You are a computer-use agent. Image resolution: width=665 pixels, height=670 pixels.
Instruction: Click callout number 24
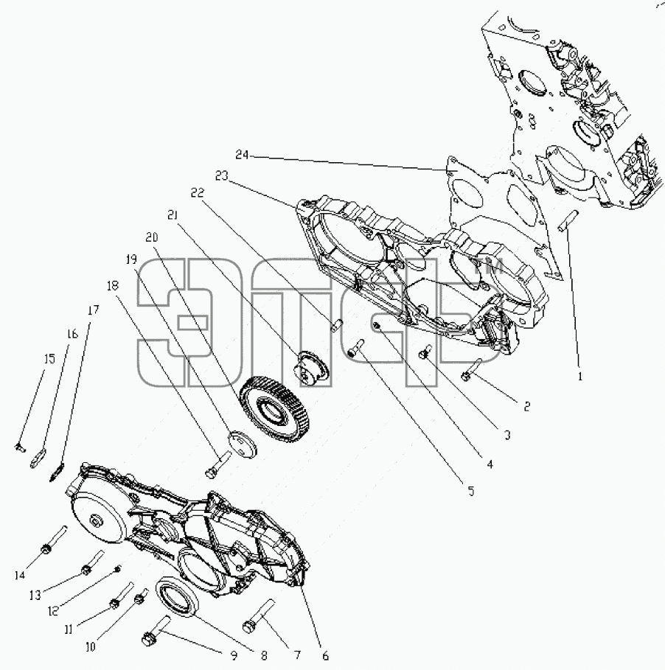tap(242, 155)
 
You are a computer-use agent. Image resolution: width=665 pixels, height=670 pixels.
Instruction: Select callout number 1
tap(580, 377)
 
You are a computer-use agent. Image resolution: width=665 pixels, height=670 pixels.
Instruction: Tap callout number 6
tap(325, 655)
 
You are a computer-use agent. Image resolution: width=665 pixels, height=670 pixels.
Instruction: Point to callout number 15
tap(49, 359)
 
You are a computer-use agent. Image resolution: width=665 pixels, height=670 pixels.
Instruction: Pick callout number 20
tap(152, 237)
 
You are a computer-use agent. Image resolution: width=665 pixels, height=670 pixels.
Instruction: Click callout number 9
tap(234, 655)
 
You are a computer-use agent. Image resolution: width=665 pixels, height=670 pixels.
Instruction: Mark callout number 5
tap(471, 491)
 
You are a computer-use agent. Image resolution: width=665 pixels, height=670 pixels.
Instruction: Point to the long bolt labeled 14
tap(55, 540)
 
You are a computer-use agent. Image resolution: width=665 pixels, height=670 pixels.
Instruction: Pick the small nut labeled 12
tap(119, 568)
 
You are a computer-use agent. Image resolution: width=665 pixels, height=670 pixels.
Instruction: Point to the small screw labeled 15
tap(20, 447)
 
